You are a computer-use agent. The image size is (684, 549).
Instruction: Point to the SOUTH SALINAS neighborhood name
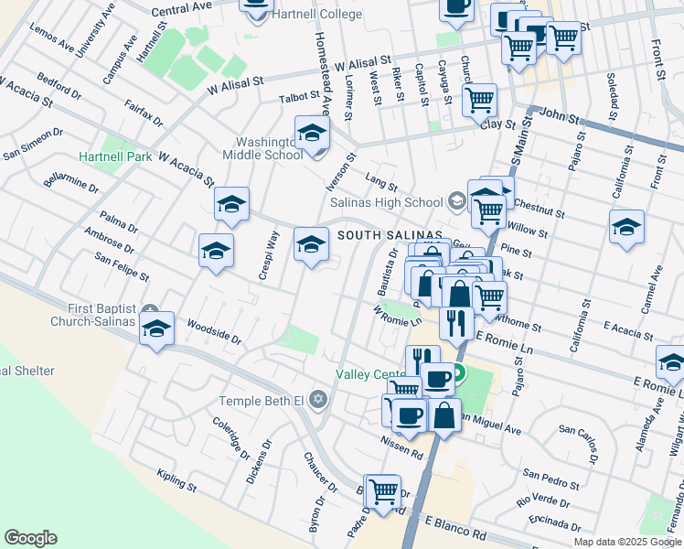point(390,235)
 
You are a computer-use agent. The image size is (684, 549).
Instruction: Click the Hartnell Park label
point(115,156)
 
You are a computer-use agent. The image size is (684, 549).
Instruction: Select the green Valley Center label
point(370,374)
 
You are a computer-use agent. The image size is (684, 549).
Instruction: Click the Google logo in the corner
point(29,538)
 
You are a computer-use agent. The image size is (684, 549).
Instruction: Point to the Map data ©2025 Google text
point(627,542)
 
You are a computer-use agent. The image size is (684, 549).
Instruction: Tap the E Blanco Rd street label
point(455,532)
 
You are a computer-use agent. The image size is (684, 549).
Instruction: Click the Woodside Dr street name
point(213,331)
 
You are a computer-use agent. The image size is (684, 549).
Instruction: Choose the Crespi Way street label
point(269,258)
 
